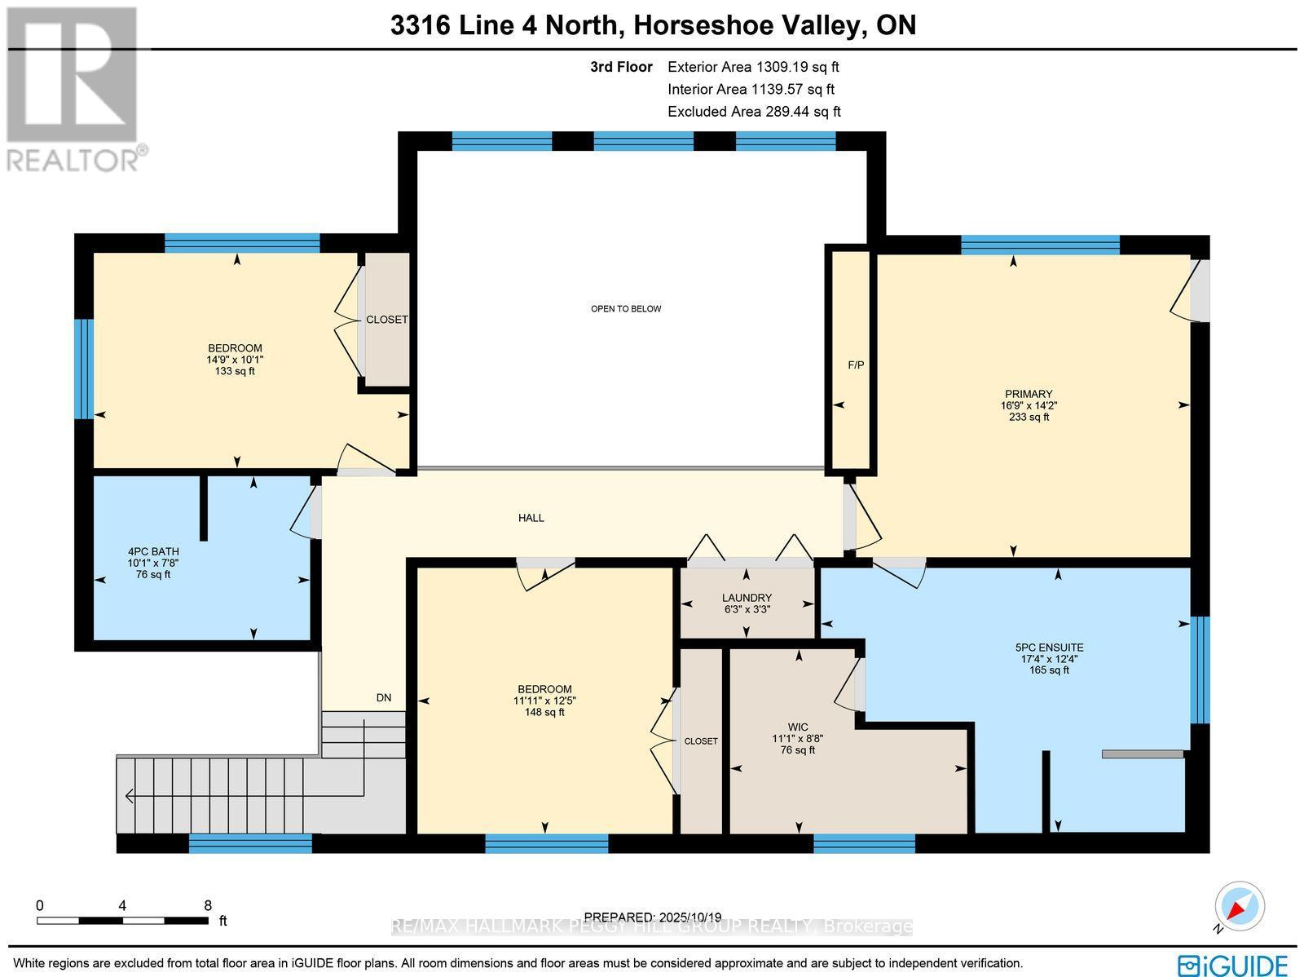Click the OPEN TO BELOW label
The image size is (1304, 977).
625,308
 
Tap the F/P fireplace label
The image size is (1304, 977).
856,365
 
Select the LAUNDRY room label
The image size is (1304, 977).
747,598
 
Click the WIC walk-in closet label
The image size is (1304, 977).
798,727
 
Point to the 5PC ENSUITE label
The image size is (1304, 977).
1049,648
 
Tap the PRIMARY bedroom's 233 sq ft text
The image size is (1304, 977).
1029,417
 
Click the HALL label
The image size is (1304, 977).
531,518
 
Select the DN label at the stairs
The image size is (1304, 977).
383,697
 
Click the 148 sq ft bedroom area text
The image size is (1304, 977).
544,712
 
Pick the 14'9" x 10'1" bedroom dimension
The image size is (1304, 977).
235,360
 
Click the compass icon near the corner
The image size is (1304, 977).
1240,907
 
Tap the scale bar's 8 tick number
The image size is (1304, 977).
208,904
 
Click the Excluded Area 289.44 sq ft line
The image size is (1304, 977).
753,112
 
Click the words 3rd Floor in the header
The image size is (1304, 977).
621,67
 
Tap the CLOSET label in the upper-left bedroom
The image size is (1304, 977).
386,319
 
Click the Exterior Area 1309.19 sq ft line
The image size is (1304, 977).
752,67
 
